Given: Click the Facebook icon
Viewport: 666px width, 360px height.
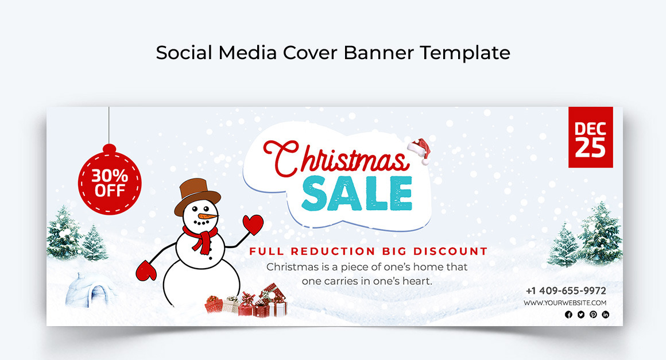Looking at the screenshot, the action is [x=569, y=315].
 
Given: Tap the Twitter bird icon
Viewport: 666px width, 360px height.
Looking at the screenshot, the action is [x=581, y=315].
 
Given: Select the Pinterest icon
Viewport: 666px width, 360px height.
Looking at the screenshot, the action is [x=593, y=315].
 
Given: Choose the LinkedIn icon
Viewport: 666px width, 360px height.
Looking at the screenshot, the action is [x=606, y=315].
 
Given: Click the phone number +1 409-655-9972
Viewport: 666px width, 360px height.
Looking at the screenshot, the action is [x=566, y=291].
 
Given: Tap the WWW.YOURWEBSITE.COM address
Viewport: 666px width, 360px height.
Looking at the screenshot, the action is [x=566, y=303].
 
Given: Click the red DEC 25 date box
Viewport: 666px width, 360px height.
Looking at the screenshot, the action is [x=591, y=137].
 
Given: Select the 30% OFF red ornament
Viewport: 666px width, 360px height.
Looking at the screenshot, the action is [x=110, y=180].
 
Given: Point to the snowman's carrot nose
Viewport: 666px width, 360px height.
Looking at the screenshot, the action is [x=208, y=216].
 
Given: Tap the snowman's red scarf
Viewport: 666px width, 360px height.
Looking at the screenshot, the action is [x=201, y=238].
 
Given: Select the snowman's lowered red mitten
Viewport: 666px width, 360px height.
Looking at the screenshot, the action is [x=146, y=271].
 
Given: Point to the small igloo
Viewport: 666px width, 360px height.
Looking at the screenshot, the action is [x=90, y=290].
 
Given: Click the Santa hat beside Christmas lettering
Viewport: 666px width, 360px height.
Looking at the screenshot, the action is [x=419, y=150].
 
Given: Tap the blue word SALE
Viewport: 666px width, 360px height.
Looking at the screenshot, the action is [x=357, y=194].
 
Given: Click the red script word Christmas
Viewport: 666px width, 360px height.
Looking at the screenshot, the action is [x=335, y=158].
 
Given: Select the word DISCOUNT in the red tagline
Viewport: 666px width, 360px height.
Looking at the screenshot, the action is [x=450, y=251].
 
